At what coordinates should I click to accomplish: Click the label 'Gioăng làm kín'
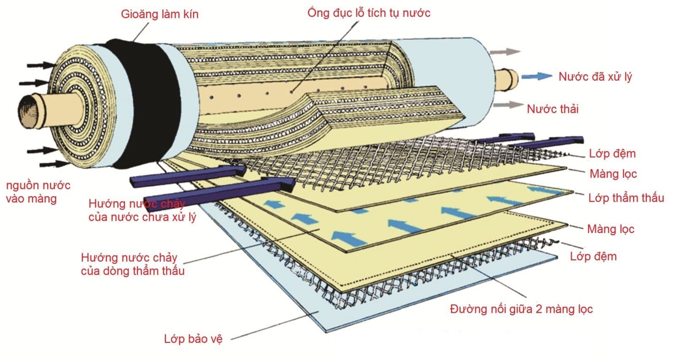[159, 14]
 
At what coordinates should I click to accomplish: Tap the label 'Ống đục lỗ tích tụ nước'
[369, 13]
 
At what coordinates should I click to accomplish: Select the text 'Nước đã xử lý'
[595, 77]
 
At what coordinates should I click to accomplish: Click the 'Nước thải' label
[553, 109]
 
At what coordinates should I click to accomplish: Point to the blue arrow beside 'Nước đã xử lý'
[536, 76]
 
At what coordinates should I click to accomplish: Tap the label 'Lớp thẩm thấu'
[626, 198]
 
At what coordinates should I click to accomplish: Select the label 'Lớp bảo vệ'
[193, 338]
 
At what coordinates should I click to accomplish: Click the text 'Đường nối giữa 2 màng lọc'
[521, 309]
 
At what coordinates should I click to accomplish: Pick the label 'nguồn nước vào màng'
[38, 192]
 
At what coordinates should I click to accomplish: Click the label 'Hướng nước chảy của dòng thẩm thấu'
[132, 264]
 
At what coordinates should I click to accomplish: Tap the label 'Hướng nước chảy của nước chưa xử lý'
[142, 210]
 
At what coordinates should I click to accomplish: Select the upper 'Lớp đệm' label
[612, 154]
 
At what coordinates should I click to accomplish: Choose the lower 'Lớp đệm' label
[593, 256]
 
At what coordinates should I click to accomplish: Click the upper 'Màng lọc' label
[613, 174]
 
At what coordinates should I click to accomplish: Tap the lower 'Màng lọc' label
[610, 229]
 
